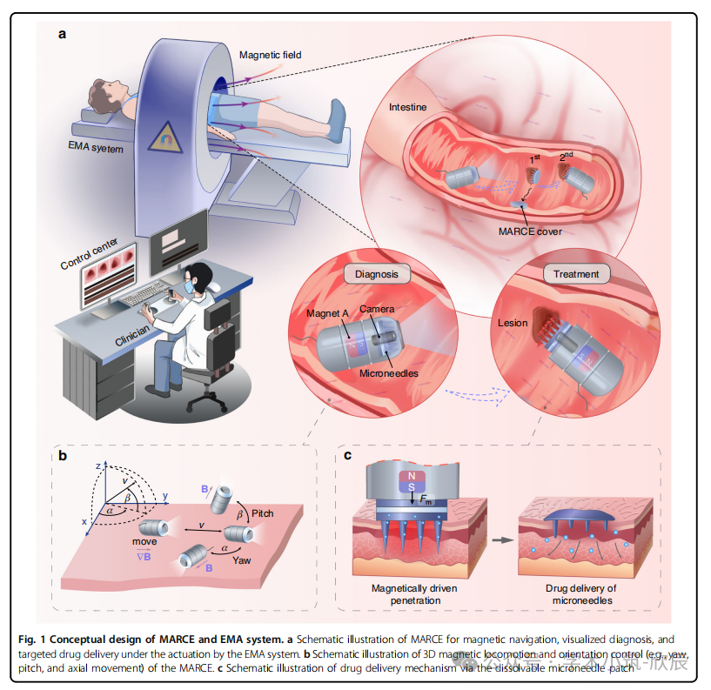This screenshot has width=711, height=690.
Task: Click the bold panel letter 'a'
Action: pyautogui.click(x=63, y=34)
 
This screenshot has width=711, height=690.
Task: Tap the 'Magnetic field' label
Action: pyautogui.click(x=272, y=55)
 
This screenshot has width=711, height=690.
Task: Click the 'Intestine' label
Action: pyautogui.click(x=407, y=109)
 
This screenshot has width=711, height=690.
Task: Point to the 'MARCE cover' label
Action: pyautogui.click(x=530, y=231)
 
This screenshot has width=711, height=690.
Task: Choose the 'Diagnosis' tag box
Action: pyautogui.click(x=376, y=273)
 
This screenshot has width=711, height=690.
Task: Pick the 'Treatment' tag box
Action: pyautogui.click(x=576, y=274)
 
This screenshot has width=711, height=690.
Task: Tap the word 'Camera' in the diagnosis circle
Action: pyautogui.click(x=378, y=310)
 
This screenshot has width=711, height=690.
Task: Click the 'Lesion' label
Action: pyautogui.click(x=513, y=323)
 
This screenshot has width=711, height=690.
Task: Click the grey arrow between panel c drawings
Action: pyautogui.click(x=498, y=539)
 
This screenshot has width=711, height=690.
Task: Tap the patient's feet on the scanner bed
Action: pyautogui.click(x=338, y=117)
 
